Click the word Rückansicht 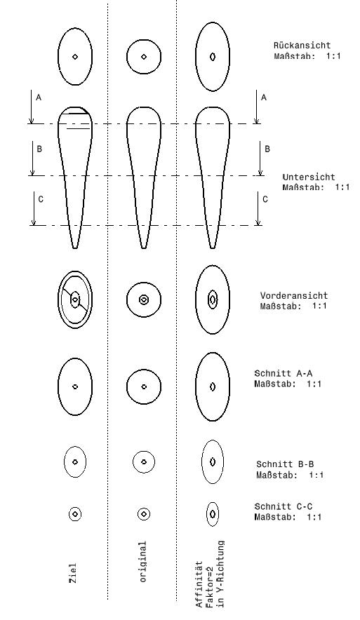pos(302,46)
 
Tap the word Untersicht pos(309,177)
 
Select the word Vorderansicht pos(294,295)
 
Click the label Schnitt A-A pos(284,373)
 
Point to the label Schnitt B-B pos(285,464)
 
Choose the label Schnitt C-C pos(284,506)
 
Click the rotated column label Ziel pos(73,573)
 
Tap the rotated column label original pos(143,562)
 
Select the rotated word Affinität pos(199,584)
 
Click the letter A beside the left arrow pos(39,97)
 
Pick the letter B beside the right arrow pos(267,149)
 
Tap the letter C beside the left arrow pos(41,200)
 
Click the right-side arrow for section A pos(257,107)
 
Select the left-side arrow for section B pos(32,159)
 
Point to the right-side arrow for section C pos(258,208)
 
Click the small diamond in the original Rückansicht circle pos(144,57)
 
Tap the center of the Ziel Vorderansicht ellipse pos(75,299)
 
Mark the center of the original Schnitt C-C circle pos(144,514)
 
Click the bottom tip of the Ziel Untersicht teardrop pos(75,248)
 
